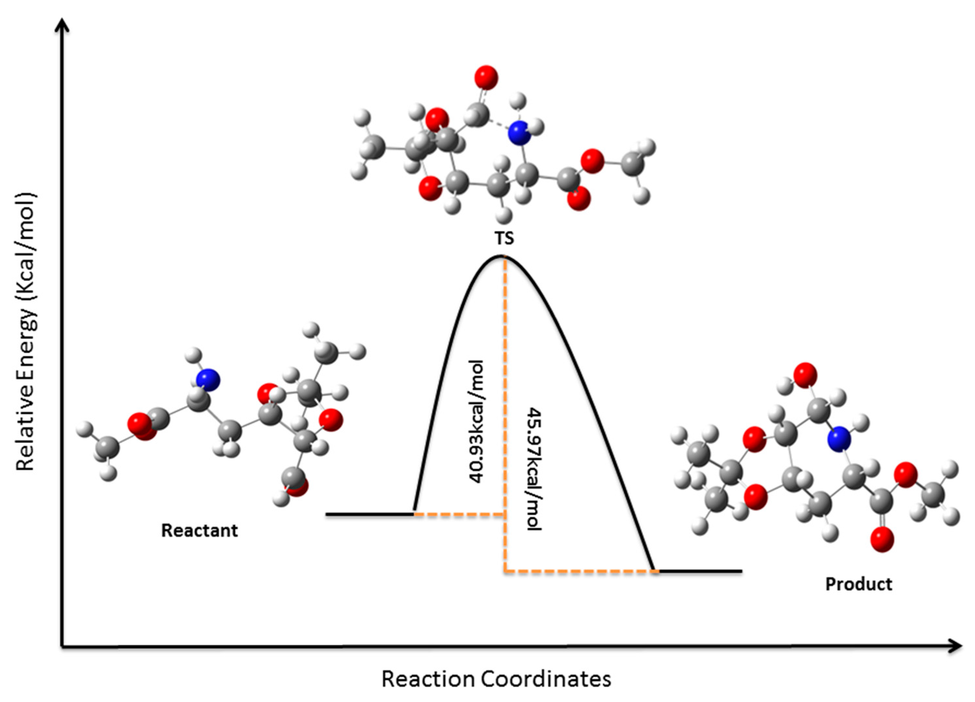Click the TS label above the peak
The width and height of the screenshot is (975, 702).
(x=504, y=238)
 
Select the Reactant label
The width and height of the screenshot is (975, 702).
(x=199, y=531)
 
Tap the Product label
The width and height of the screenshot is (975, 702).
(x=859, y=584)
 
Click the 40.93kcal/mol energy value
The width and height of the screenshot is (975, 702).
(x=477, y=422)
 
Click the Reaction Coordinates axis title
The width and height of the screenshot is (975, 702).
(x=496, y=679)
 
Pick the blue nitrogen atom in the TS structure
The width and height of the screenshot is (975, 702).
(x=519, y=133)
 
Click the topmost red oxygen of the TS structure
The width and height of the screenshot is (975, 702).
(x=486, y=78)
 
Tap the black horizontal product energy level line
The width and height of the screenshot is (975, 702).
(x=701, y=571)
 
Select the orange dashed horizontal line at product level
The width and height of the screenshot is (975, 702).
(x=580, y=571)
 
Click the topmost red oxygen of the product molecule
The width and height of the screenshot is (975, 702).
(x=805, y=374)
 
